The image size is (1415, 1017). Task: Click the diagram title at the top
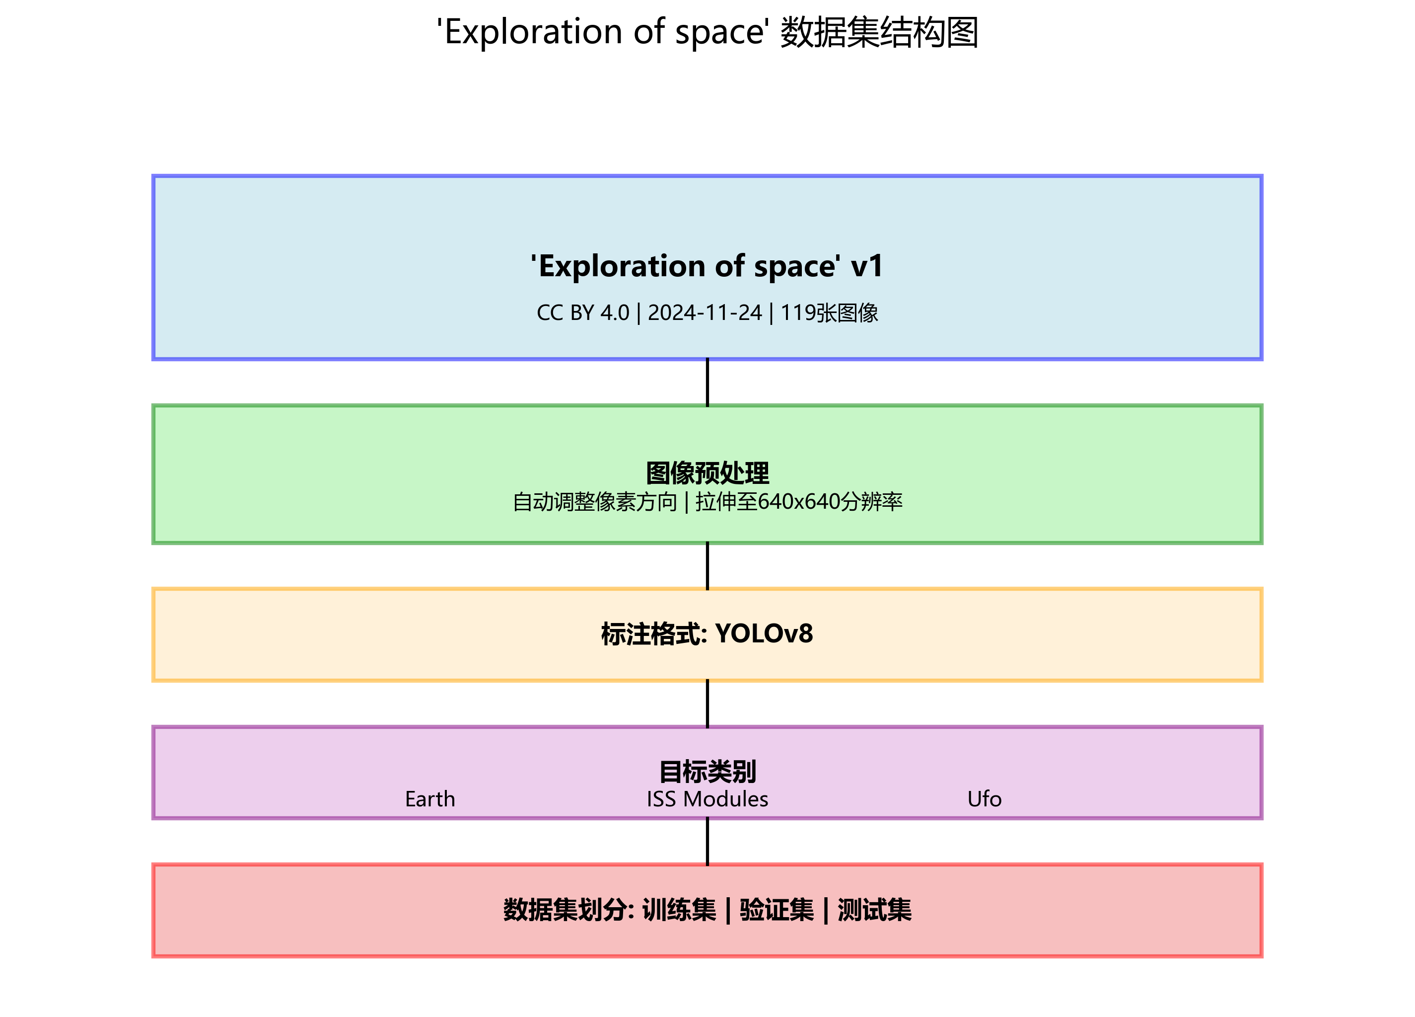[x=707, y=32]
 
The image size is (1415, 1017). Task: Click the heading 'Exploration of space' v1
[x=707, y=267]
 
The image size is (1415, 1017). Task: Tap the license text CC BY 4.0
[x=583, y=313]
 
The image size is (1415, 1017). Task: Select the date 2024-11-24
[x=705, y=313]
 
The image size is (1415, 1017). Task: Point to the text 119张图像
[x=829, y=313]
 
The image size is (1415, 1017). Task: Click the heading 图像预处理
[x=707, y=473]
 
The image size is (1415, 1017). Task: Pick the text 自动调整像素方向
[x=595, y=502]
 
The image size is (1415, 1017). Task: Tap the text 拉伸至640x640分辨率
[x=798, y=502]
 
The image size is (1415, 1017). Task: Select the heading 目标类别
[x=707, y=772]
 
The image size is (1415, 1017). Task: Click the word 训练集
[x=679, y=910]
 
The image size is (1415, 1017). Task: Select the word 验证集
[x=777, y=910]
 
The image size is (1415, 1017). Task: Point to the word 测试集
[x=874, y=910]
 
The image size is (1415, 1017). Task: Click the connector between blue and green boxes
[x=707, y=382]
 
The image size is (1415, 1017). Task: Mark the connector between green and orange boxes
[x=707, y=565]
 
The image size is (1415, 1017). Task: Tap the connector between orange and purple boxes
[x=707, y=704]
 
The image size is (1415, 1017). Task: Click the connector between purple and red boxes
[x=707, y=842]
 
